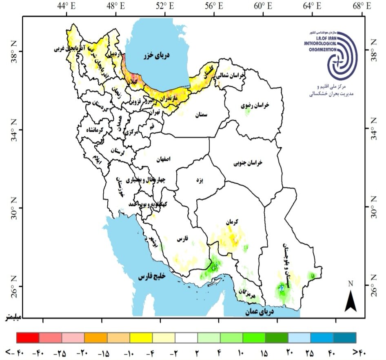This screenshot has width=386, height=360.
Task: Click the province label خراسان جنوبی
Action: tap(248, 163)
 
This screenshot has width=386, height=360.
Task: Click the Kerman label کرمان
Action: tap(231, 222)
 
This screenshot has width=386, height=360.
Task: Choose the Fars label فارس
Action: tap(182, 239)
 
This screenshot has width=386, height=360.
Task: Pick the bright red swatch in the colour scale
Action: tap(28, 338)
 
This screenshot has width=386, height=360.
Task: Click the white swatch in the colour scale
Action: tap(186, 338)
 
